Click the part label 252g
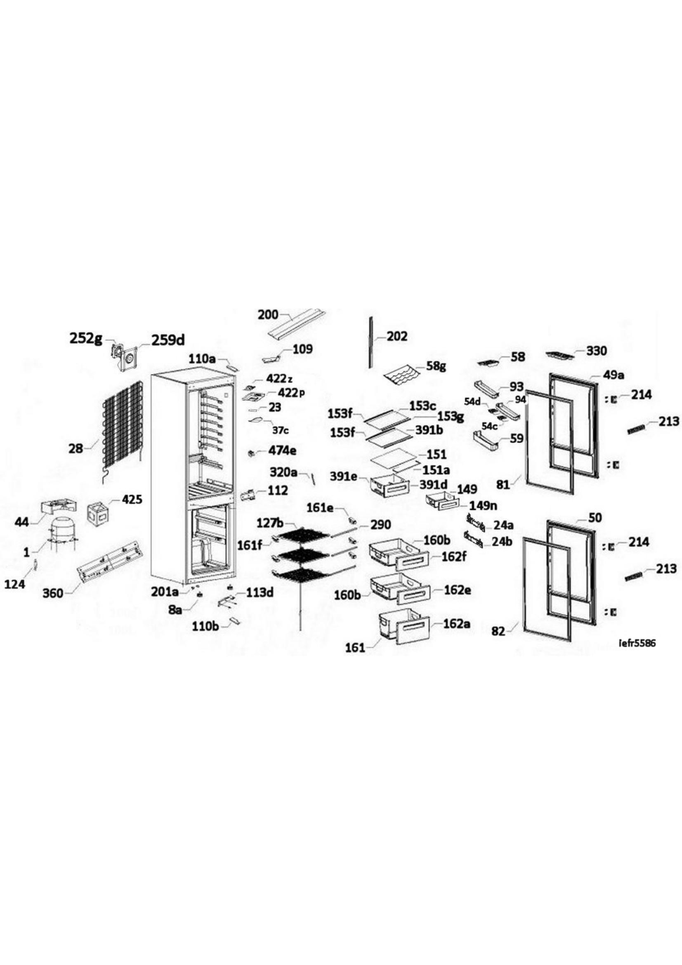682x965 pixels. [x=85, y=339]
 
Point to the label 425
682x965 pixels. [x=132, y=500]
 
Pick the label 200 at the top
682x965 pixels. [x=268, y=314]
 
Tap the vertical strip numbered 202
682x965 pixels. [x=371, y=342]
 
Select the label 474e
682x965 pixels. [x=282, y=451]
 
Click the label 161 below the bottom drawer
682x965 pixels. [x=355, y=648]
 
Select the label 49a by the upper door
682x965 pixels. [x=614, y=375]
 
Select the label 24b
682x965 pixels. [x=503, y=542]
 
